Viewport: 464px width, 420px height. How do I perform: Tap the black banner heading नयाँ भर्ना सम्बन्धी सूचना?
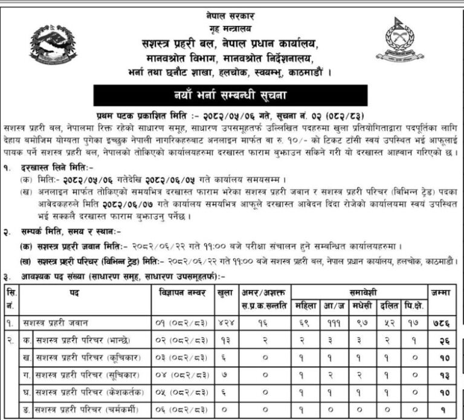click(x=232, y=95)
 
